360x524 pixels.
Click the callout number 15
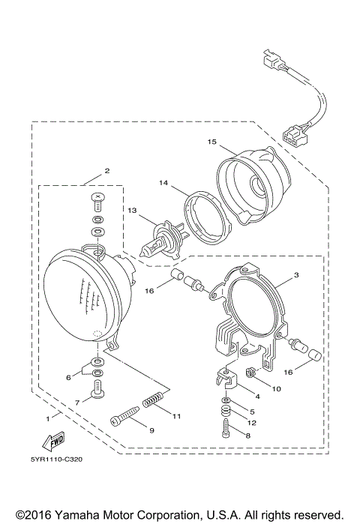coord(212,141)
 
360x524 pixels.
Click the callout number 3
coord(295,275)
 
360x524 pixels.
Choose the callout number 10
coord(276,388)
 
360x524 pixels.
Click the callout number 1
coord(48,416)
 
